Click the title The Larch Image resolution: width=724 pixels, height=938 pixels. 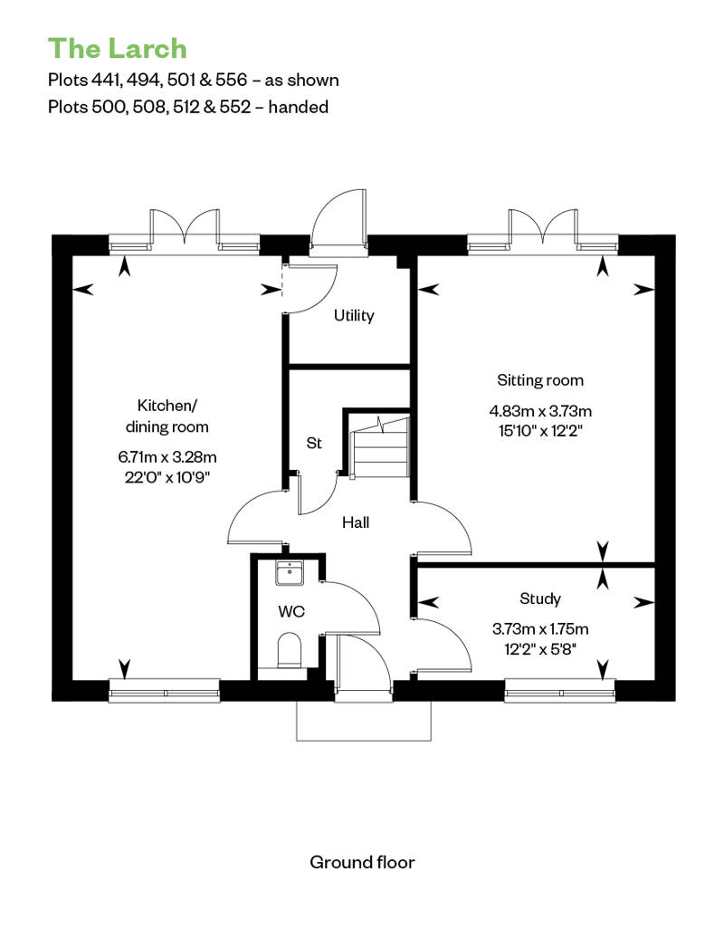click(117, 49)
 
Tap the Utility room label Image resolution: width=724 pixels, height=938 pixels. click(354, 315)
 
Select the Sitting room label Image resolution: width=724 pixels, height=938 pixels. click(540, 380)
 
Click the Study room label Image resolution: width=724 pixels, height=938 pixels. click(540, 598)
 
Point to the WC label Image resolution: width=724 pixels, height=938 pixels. click(291, 611)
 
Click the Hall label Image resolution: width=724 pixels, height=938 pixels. click(356, 522)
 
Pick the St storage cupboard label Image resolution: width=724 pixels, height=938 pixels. click(314, 443)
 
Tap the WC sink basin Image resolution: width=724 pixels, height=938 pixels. click(290, 572)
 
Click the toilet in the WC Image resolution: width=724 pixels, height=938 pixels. click(290, 650)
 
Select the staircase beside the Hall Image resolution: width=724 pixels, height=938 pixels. click(379, 446)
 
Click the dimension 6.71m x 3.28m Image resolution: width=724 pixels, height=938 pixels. click(167, 457)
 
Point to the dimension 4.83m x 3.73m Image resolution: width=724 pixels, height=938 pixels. click(540, 411)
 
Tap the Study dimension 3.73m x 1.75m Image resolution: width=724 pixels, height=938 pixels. click(540, 629)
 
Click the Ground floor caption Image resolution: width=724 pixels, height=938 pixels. click(362, 862)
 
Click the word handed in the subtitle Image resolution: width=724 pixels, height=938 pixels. click(299, 107)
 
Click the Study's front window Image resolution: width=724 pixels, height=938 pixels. click(560, 691)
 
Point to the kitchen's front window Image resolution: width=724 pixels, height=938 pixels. click(165, 691)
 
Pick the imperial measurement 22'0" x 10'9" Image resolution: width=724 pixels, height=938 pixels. click(167, 477)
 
